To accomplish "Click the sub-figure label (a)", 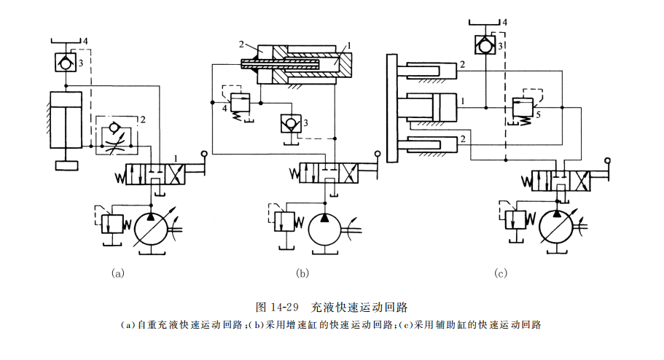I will click(117, 274).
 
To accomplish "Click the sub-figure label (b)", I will click(302, 274).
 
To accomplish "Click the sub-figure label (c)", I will click(500, 274).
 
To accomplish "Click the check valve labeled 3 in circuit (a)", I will click(66, 62).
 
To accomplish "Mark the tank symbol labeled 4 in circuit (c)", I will click(485, 22).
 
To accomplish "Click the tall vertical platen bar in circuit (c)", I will click(392, 108).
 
